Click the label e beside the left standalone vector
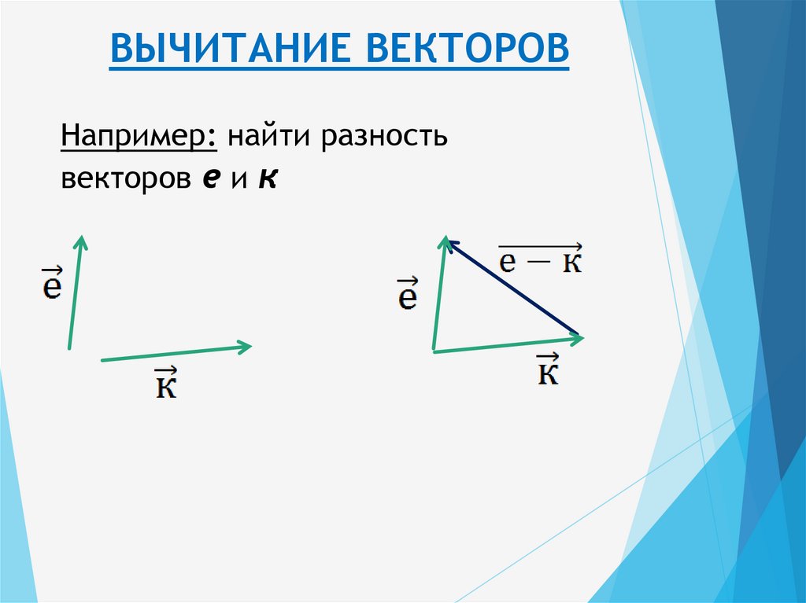pyautogui.click(x=52, y=285)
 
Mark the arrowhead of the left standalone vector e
pyautogui.click(x=80, y=239)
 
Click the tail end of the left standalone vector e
pyautogui.click(x=69, y=347)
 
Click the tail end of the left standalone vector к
pyautogui.click(x=102, y=360)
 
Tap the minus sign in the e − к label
pyautogui.click(x=539, y=263)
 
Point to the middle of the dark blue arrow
pyautogui.click(x=512, y=286)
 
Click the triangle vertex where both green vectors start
pyautogui.click(x=434, y=351)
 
